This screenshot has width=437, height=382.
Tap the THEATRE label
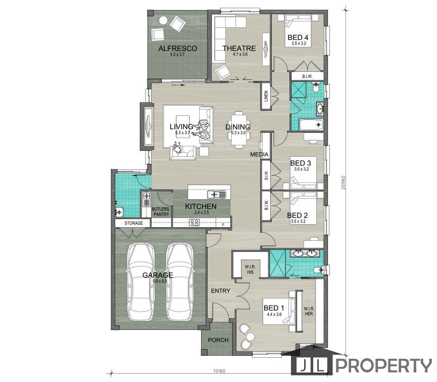coord(239,48)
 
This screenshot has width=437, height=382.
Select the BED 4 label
coord(298,37)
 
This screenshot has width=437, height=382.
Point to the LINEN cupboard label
coord(266,96)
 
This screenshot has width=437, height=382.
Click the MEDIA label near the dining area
coord(259,154)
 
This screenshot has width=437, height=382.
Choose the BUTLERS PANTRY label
coord(160,211)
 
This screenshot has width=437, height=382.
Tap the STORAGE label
coord(133,223)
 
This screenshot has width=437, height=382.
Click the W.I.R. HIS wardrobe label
coord(250,269)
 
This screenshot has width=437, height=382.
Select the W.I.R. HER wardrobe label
coord(309,311)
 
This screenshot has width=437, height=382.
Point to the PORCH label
coord(218,340)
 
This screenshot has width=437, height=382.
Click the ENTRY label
coord(220,291)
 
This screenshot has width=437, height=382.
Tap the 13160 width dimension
coord(219,371)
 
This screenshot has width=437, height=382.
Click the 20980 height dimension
coord(344,183)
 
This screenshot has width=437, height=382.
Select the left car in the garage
coord(141,282)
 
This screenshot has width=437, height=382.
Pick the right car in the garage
coord(180,282)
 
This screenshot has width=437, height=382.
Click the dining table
coord(238,130)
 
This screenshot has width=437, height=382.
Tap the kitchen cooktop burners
coord(195,223)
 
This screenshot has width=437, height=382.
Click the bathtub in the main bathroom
coord(311,124)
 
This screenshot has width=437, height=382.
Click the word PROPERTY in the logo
coord(383,365)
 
